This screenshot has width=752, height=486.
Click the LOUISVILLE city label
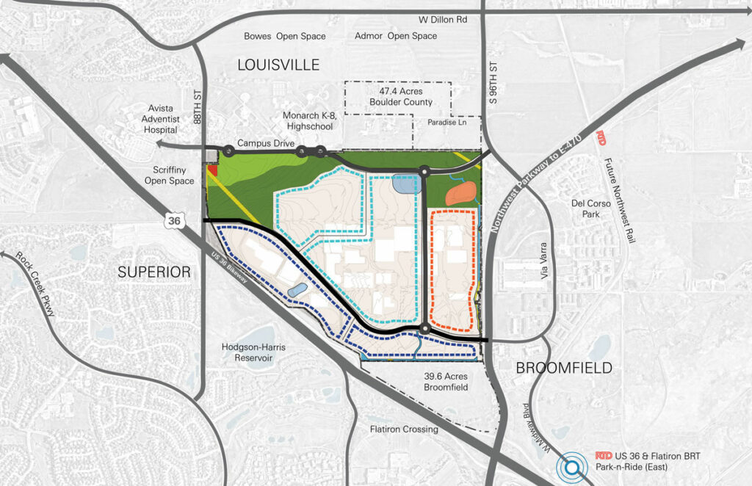(x=278, y=65)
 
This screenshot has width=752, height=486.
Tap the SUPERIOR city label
(x=154, y=272)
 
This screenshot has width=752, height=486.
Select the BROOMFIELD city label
(x=564, y=368)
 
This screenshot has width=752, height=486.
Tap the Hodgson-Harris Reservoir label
(x=247, y=352)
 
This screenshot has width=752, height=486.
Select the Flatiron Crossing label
(x=404, y=429)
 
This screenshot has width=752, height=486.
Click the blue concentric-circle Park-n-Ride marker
(x=568, y=465)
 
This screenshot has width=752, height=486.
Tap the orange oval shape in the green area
(x=460, y=192)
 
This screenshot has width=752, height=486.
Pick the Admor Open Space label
(x=395, y=36)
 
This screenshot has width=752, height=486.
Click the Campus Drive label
(x=260, y=144)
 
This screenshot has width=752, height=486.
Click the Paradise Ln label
(x=451, y=124)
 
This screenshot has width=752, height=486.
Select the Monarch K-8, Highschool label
(x=308, y=121)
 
